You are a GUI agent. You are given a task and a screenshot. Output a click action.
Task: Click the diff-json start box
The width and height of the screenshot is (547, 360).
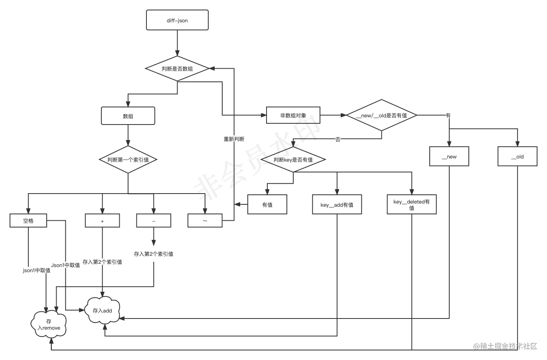(178, 20)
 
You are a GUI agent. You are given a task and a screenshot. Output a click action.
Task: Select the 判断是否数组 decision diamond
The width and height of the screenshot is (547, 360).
(177, 69)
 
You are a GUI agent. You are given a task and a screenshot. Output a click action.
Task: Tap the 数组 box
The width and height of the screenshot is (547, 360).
(128, 116)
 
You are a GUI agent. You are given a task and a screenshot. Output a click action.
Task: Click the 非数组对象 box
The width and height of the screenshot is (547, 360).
(293, 115)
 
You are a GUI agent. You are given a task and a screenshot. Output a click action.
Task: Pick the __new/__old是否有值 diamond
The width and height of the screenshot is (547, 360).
(382, 115)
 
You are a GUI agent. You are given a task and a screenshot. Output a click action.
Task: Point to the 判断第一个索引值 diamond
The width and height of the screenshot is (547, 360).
(128, 160)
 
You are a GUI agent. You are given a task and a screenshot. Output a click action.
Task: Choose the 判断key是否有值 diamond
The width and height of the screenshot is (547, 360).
(293, 160)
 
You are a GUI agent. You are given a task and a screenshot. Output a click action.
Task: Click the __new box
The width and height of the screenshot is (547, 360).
(449, 156)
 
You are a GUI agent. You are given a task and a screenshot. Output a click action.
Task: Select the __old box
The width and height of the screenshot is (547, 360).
(517, 156)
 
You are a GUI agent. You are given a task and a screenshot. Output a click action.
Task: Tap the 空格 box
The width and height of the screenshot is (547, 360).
(28, 221)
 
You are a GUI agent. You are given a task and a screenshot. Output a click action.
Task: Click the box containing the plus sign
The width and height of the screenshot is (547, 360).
(102, 221)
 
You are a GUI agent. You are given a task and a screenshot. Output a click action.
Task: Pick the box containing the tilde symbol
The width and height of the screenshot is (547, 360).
(205, 221)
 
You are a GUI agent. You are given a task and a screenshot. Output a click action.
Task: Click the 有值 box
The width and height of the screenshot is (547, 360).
(267, 205)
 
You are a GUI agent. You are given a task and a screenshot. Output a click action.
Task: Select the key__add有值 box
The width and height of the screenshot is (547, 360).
(337, 205)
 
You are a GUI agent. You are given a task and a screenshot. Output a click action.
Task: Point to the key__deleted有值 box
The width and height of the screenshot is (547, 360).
(411, 205)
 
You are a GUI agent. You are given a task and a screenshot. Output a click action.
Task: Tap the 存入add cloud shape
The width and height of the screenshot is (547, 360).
(103, 310)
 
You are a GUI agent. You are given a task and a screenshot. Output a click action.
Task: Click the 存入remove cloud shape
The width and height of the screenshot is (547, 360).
(49, 324)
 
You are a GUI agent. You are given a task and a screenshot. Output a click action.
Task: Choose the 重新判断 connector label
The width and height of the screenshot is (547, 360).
(234, 139)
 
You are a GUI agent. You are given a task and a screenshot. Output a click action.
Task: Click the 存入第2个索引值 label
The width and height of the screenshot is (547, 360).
(102, 262)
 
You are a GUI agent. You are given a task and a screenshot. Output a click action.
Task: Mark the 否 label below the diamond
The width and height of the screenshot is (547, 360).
(338, 140)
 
